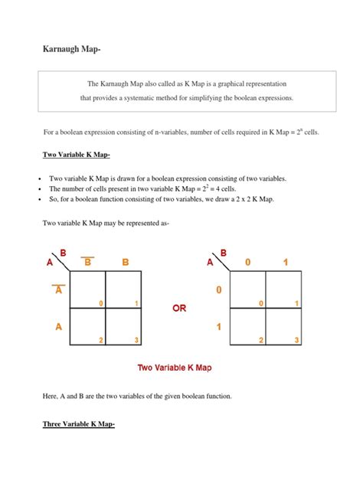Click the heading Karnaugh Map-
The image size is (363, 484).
(x=72, y=49)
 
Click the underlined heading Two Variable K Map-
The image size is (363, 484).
(x=77, y=155)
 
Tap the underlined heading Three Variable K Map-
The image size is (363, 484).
(x=79, y=424)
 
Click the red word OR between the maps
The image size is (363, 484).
(x=179, y=308)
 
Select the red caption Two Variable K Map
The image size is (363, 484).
(x=175, y=368)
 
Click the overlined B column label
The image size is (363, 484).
(x=87, y=261)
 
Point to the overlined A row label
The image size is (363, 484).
(x=59, y=289)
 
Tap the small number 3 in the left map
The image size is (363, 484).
(x=136, y=340)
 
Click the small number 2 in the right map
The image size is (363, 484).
(x=261, y=340)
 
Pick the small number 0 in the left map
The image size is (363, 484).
(x=100, y=303)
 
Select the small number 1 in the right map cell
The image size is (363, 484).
(x=296, y=303)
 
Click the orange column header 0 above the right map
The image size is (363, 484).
(x=247, y=263)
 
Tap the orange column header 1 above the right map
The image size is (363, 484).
(x=286, y=263)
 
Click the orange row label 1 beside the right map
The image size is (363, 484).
(x=219, y=326)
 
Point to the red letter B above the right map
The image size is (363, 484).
(x=224, y=253)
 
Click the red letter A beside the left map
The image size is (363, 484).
(x=49, y=263)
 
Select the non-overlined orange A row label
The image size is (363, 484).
(x=59, y=326)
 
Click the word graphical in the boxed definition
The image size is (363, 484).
(x=231, y=84)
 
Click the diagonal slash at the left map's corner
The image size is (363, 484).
(x=60, y=262)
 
